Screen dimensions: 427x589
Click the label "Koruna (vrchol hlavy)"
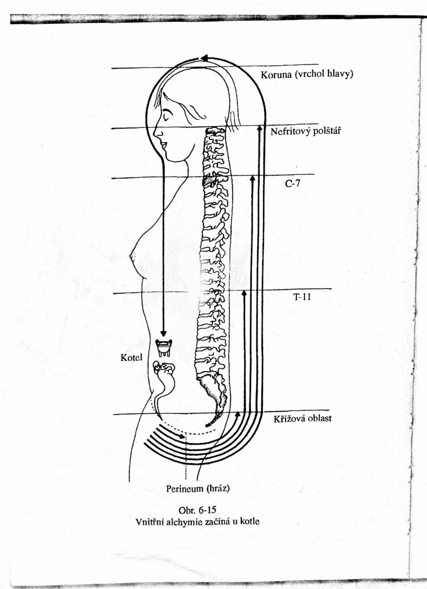tap(307, 75)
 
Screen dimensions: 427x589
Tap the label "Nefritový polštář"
tap(306, 131)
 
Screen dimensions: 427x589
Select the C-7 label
tap(292, 183)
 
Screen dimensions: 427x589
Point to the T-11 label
tap(302, 297)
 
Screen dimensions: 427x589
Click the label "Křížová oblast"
tap(302, 418)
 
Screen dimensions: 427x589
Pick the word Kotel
tap(131, 357)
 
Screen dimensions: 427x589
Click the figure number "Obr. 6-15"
tap(197, 511)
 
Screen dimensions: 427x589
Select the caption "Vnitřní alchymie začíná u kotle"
tap(198, 522)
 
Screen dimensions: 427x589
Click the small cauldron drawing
tap(164, 347)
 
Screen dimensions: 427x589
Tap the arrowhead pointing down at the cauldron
tap(164, 333)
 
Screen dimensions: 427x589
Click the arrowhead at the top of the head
tap(204, 58)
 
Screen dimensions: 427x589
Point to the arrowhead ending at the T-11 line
tap(244, 293)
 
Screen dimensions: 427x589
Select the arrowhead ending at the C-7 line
tap(252, 178)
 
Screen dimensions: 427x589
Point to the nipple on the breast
tap(131, 254)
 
